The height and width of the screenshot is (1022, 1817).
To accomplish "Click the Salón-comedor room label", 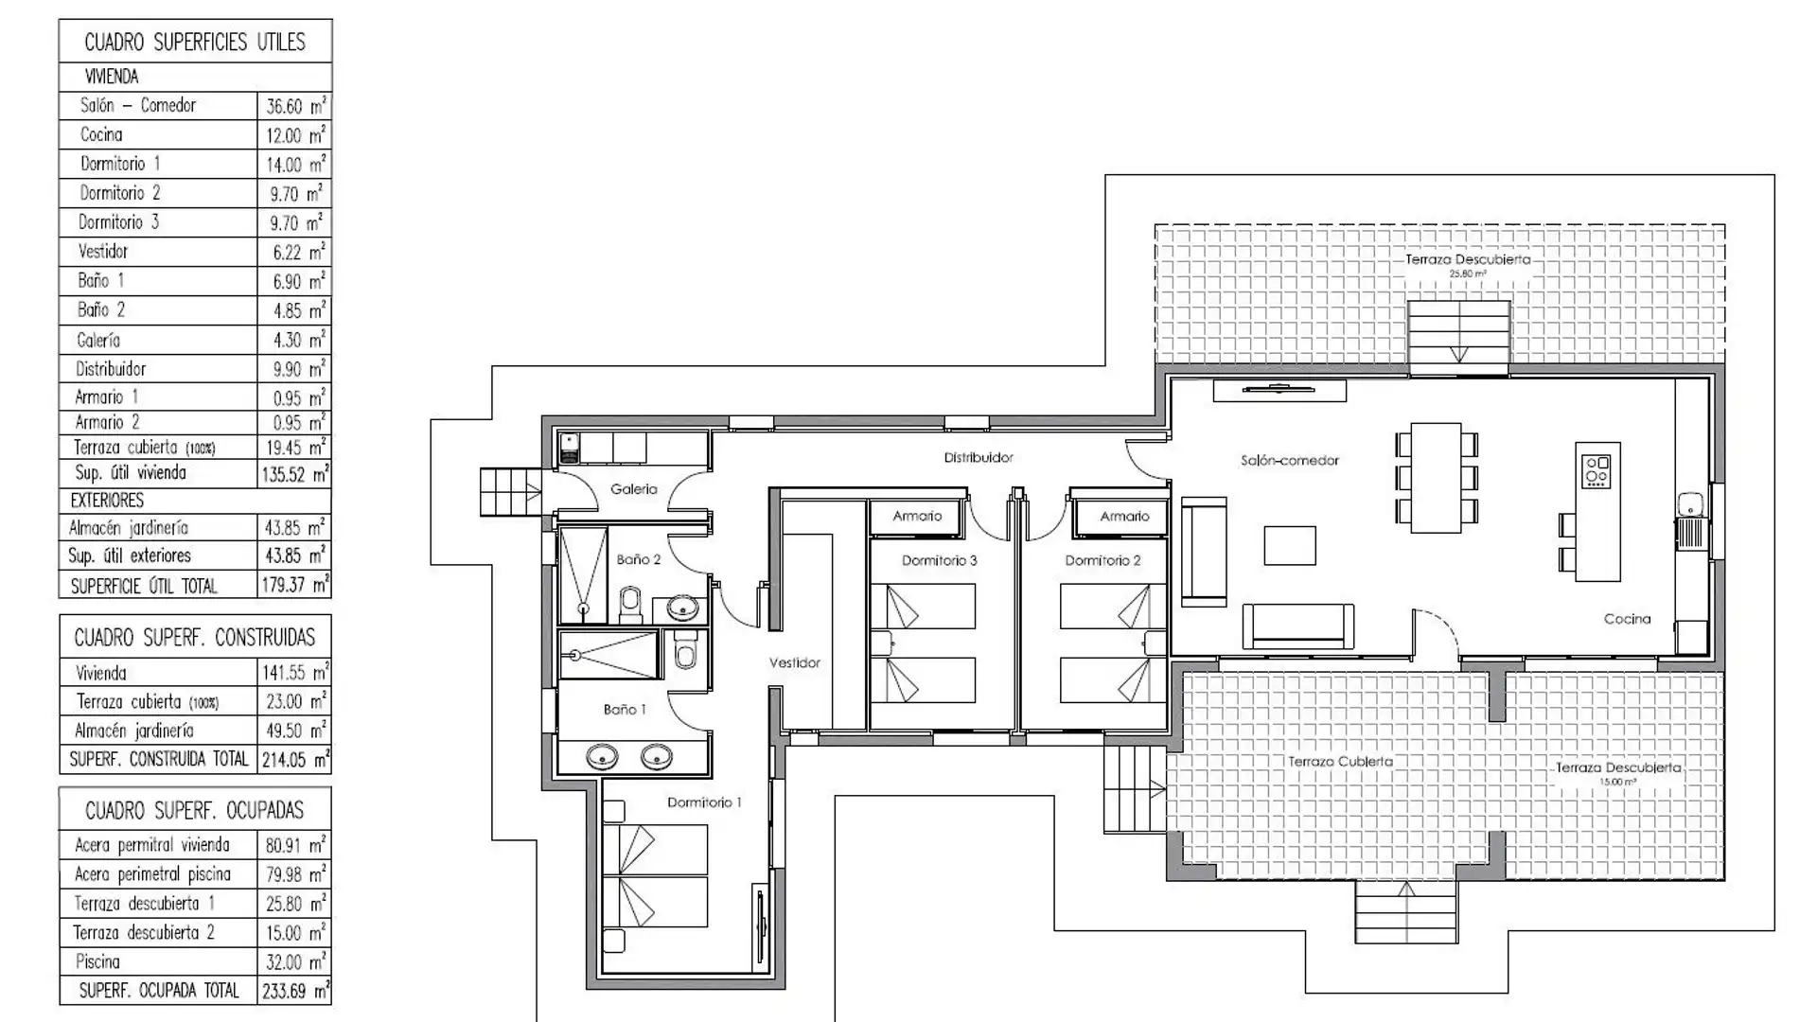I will tap(1289, 461).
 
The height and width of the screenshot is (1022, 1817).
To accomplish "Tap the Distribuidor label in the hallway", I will tap(979, 458).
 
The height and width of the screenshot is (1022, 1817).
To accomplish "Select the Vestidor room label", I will tap(794, 663).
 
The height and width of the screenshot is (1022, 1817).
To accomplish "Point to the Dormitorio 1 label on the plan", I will tap(704, 802).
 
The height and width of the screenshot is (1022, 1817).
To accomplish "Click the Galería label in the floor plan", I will tap(633, 489).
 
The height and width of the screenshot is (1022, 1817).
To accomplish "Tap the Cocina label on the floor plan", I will tap(1627, 619).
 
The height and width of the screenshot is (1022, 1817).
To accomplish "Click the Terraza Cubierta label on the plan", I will tap(1340, 762).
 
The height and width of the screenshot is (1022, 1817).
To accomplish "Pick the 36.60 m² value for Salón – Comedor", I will tap(294, 106).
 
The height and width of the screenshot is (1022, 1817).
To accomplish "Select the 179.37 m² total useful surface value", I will tap(294, 585).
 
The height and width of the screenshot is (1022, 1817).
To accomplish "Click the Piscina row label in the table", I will tap(97, 961).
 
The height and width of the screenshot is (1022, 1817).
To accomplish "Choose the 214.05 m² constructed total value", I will tap(294, 759).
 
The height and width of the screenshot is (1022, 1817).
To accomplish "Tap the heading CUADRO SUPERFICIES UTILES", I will tap(195, 43).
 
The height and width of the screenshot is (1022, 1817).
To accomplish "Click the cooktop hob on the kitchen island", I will tap(1596, 471).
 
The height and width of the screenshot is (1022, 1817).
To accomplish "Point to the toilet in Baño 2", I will tap(630, 602).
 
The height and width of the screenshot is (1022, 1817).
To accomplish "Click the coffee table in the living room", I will tap(1289, 546).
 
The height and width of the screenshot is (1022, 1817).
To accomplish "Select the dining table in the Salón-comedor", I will tap(1436, 478).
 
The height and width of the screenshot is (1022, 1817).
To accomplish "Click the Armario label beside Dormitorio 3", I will tap(917, 517).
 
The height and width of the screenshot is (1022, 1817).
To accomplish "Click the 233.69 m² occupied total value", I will tap(294, 991).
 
